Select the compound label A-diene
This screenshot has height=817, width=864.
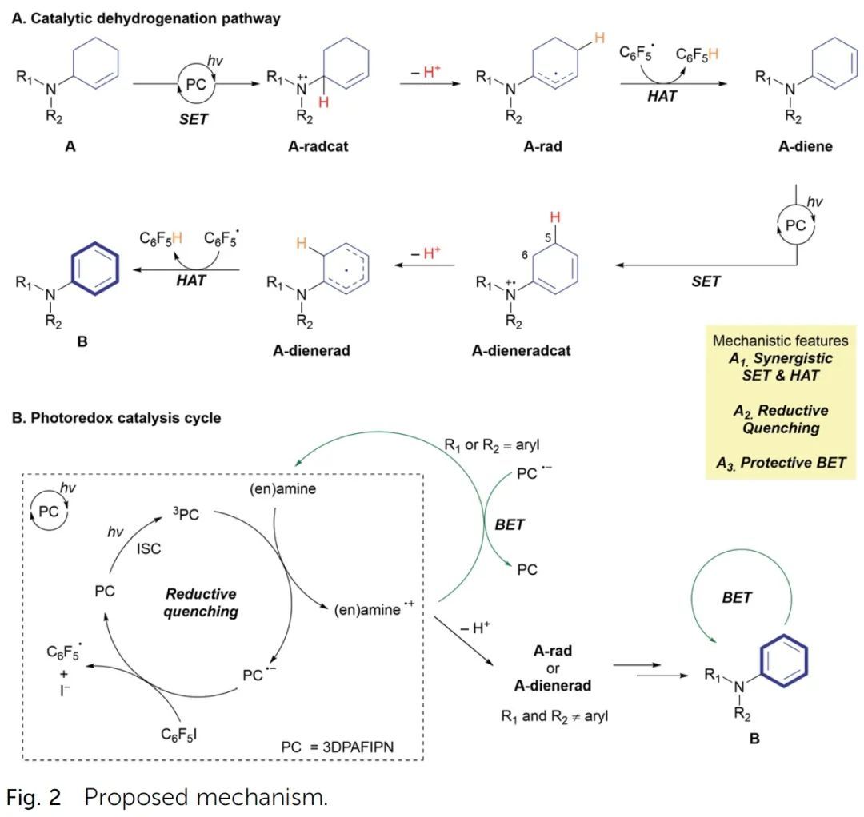tap(783, 146)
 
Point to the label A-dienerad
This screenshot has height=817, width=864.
tap(309, 350)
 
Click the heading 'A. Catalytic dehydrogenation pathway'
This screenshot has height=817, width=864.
tap(146, 18)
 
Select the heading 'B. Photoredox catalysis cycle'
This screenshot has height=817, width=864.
tap(116, 417)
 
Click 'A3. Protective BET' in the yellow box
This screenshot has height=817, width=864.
tap(787, 463)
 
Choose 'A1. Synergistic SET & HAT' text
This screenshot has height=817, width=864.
tap(781, 367)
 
